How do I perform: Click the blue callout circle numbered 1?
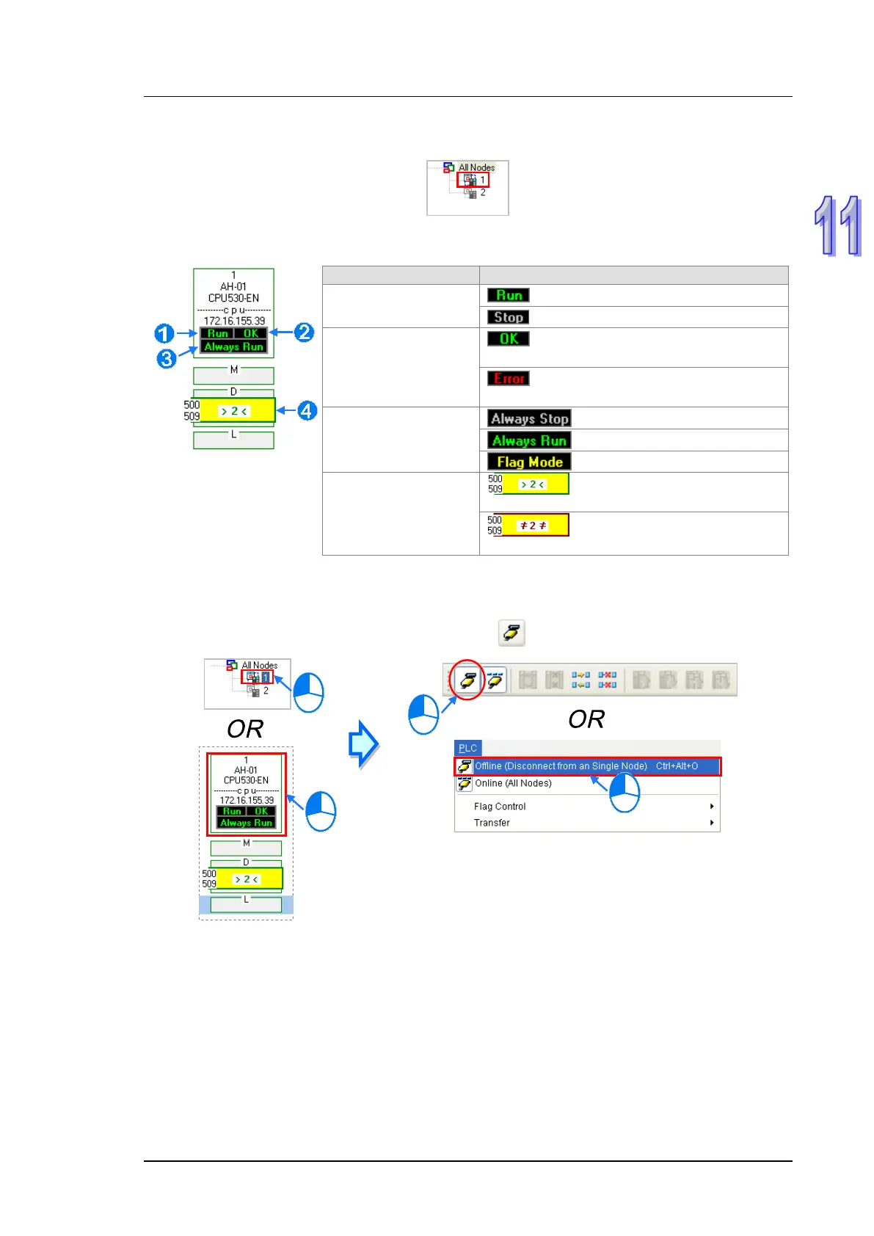(x=164, y=334)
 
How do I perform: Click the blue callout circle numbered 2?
(x=304, y=332)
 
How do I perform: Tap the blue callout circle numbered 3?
(x=167, y=359)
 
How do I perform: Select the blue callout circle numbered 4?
(x=307, y=411)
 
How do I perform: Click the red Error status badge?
(x=509, y=379)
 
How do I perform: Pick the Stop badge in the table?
(x=509, y=317)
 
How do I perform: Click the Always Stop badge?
(x=529, y=418)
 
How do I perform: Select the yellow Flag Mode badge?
(x=529, y=462)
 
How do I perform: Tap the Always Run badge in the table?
(x=529, y=440)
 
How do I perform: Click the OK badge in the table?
(x=509, y=338)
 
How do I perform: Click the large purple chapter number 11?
(x=838, y=226)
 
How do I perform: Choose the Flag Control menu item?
(x=500, y=807)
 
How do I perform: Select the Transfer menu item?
(x=492, y=823)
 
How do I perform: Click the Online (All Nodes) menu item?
(x=513, y=783)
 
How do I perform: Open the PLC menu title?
(x=467, y=748)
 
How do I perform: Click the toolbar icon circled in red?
(x=467, y=680)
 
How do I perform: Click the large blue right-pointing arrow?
(x=363, y=744)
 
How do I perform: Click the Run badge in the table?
(x=509, y=295)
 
